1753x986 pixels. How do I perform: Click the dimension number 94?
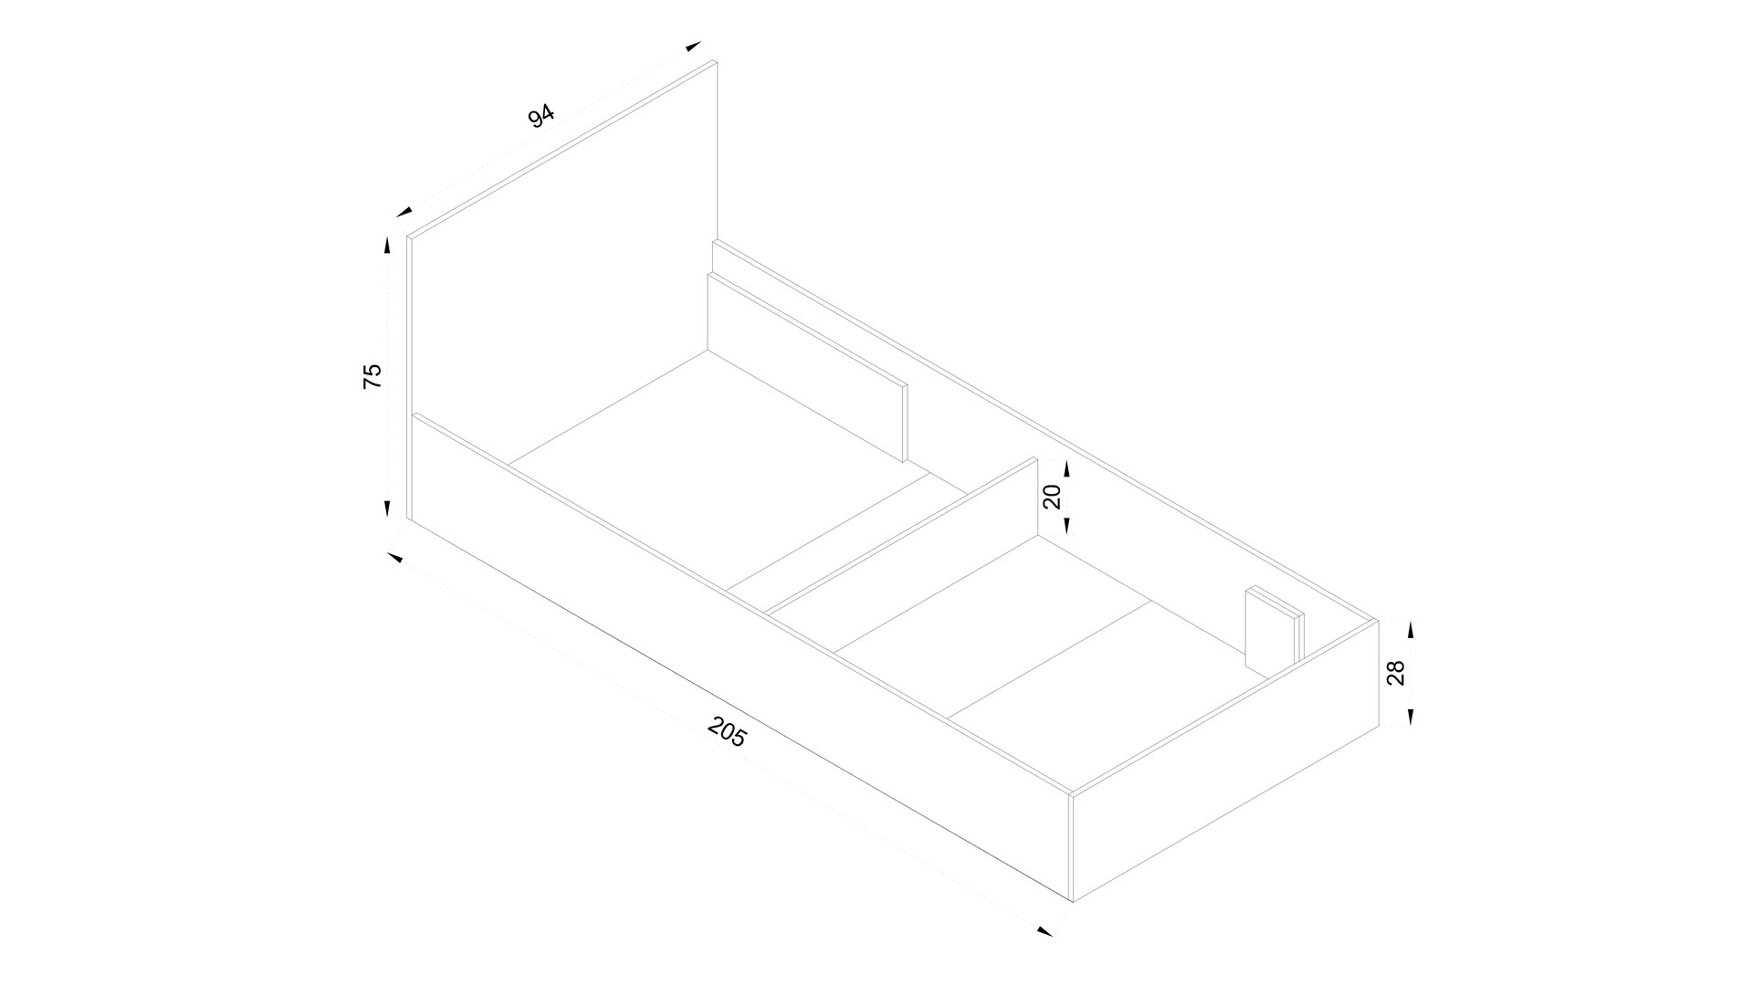[541, 117]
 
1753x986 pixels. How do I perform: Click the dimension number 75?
[373, 376]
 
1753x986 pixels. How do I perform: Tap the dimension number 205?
[728, 732]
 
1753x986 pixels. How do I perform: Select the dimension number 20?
[1052, 497]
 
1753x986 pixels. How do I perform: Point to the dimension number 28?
[1396, 673]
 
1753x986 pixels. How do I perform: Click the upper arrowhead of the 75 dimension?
[387, 245]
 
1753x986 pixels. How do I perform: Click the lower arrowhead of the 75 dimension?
[387, 509]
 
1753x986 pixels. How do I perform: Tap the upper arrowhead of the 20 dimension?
[1066, 468]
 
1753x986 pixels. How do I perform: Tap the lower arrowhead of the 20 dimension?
[1066, 525]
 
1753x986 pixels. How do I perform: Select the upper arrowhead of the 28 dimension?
[1411, 629]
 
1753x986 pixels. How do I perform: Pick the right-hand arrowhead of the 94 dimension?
[693, 45]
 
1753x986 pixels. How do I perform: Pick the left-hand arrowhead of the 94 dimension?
[403, 212]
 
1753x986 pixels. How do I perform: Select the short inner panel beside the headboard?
[808, 365]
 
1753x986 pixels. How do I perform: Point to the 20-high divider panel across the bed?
[904, 540]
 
